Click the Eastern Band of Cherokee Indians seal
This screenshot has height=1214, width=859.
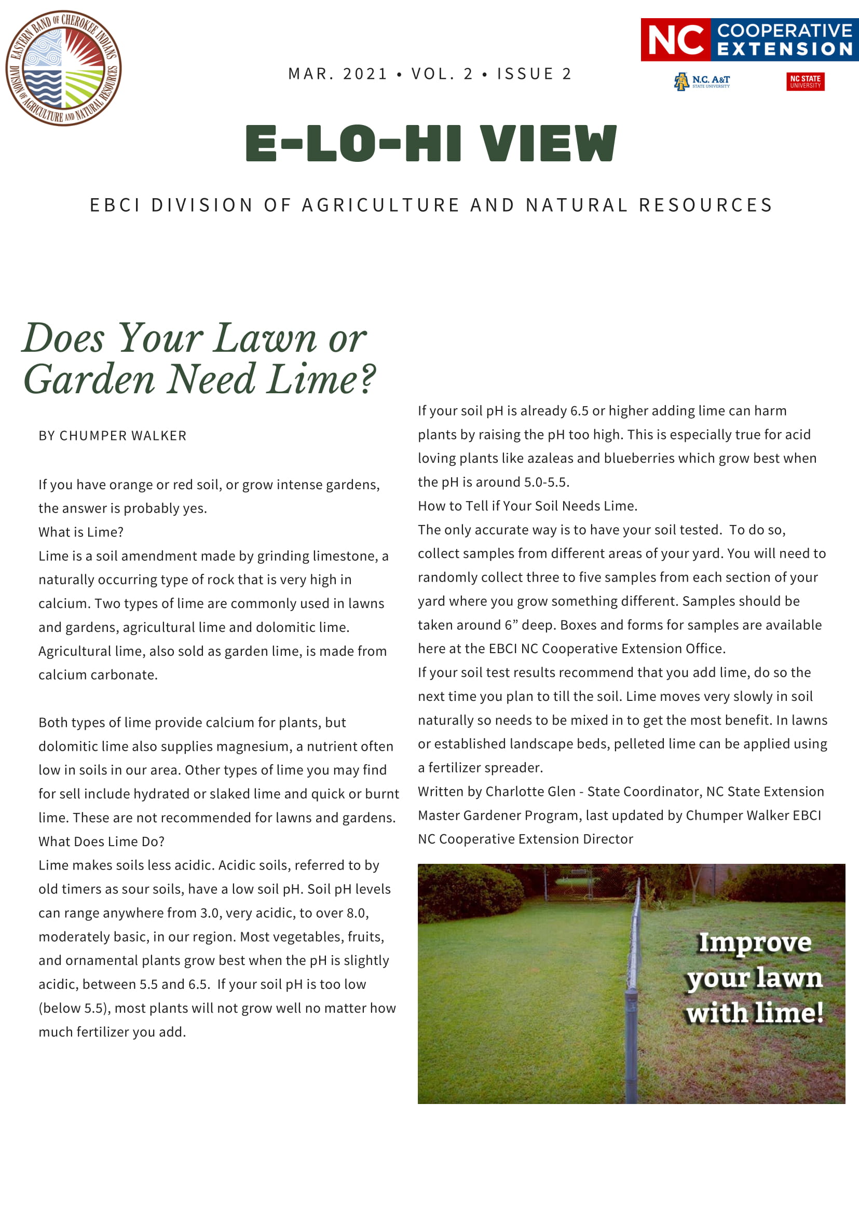click(x=63, y=68)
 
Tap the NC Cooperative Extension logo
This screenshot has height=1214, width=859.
click(x=749, y=39)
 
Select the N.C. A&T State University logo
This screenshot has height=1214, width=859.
click(x=701, y=81)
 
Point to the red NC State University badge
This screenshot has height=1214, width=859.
click(x=805, y=81)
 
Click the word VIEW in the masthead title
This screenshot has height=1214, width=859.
click(x=548, y=144)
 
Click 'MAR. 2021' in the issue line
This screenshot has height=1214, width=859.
click(x=338, y=74)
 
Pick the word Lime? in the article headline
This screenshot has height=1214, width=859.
click(x=321, y=380)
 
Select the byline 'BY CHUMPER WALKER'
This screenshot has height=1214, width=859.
click(x=112, y=436)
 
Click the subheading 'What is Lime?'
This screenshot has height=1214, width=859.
click(x=81, y=532)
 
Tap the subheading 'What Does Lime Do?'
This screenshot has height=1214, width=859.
click(x=102, y=841)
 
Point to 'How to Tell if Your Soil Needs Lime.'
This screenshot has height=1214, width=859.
click(x=527, y=506)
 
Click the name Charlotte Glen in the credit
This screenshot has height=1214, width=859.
click(x=530, y=792)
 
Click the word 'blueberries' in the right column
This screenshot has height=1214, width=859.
click(x=639, y=458)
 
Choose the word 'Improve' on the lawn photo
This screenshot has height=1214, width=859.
click(x=755, y=943)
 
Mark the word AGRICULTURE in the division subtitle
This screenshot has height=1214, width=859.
click(x=380, y=205)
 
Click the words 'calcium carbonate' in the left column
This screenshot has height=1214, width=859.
click(x=98, y=674)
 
